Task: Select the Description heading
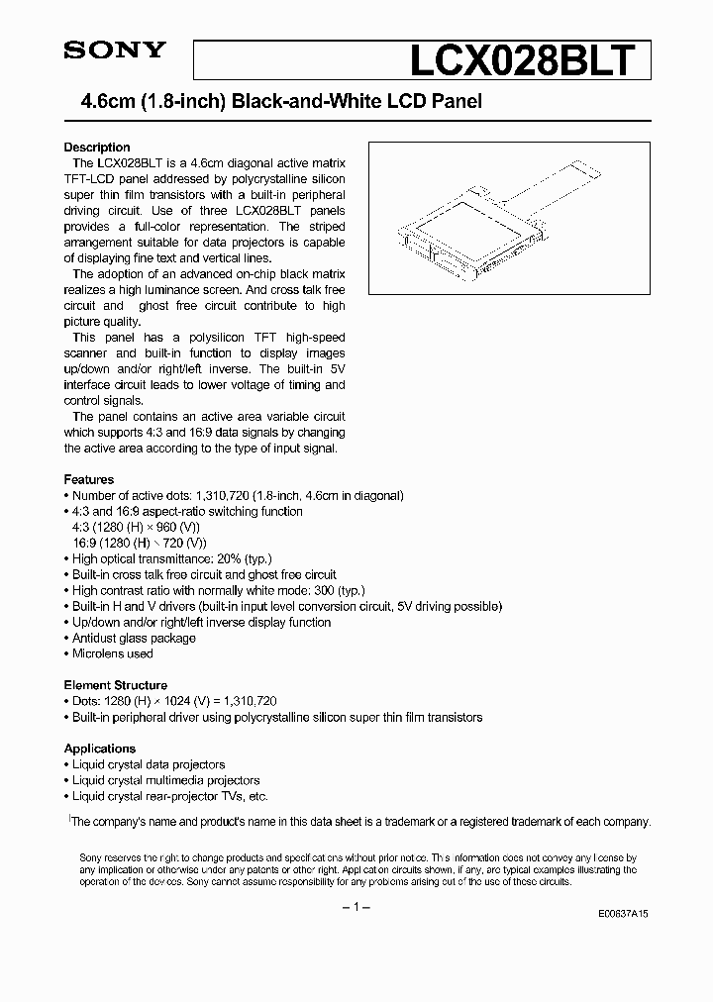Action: [97, 147]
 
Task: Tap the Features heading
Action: [89, 479]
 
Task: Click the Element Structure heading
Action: [116, 685]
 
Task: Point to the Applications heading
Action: [100, 749]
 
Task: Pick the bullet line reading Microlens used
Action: [112, 653]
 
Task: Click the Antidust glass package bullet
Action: [134, 638]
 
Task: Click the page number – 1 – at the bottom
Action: [356, 908]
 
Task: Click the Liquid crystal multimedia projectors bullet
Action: [165, 780]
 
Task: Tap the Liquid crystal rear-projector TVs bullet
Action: [169, 796]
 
